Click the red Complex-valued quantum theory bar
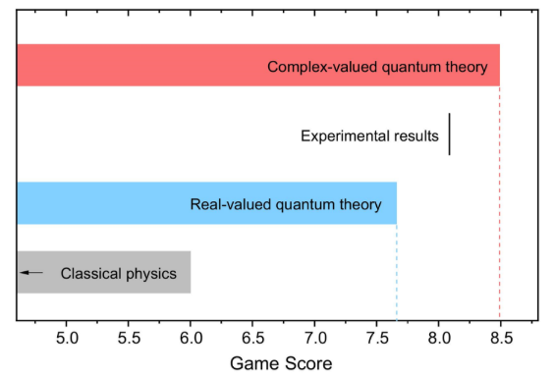(x=258, y=65)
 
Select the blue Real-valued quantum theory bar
(x=206, y=203)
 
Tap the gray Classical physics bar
(x=104, y=272)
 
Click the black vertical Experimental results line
(x=450, y=135)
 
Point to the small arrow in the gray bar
(x=31, y=273)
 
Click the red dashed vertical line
(x=500, y=202)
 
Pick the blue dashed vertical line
(x=397, y=272)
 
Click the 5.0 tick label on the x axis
(x=67, y=338)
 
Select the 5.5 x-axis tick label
(x=129, y=338)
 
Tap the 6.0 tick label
(x=191, y=338)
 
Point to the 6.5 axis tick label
(x=253, y=338)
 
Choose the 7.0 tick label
(x=315, y=338)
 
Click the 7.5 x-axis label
(x=377, y=338)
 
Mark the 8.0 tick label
(x=439, y=338)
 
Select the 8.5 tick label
(x=501, y=338)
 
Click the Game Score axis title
(x=281, y=363)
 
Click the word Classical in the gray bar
(x=90, y=274)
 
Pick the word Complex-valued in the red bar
(x=322, y=67)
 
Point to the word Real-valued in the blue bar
(x=231, y=205)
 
